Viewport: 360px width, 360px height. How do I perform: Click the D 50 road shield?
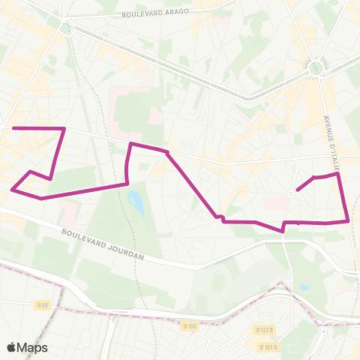42,304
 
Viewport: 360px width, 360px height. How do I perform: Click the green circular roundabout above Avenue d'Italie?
316,68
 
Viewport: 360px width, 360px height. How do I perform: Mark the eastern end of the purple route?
298,190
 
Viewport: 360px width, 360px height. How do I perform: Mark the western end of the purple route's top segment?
13,128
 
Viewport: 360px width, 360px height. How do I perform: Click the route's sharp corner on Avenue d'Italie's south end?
349,220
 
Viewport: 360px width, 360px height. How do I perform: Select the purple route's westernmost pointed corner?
12,190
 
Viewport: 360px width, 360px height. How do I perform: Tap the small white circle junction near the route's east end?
291,193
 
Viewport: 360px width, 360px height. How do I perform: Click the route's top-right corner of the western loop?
64,129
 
